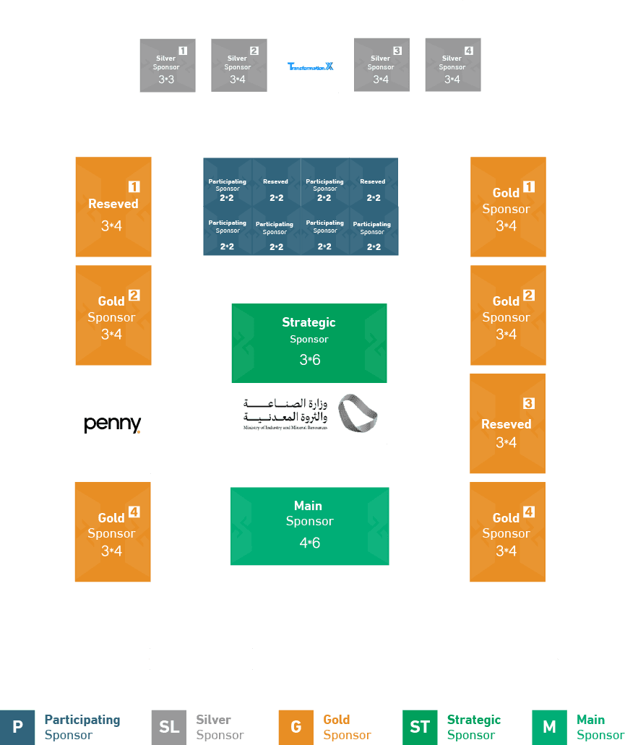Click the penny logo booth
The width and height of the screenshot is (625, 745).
point(113,423)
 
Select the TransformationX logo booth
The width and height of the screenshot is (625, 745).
point(311,66)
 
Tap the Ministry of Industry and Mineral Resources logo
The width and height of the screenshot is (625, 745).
point(309,413)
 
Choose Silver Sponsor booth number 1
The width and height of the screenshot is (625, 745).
point(168,65)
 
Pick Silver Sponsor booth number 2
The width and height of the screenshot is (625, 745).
point(238,65)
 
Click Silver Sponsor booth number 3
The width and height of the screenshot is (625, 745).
point(382,65)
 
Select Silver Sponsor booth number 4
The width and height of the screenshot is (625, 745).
point(452,65)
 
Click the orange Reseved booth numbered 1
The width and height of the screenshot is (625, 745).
point(113,207)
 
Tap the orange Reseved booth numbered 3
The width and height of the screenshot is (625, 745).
point(507,423)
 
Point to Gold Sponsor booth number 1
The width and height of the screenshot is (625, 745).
point(507,207)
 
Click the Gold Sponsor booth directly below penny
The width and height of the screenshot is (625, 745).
point(113,532)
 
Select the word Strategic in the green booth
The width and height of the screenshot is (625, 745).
point(309,322)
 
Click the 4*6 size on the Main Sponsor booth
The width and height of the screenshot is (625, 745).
point(309,543)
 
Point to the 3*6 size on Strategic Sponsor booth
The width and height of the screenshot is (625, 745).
point(309,359)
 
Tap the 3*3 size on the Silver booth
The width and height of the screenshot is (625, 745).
point(166,79)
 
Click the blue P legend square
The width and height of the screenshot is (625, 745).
point(17,727)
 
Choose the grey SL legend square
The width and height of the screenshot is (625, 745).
point(169,727)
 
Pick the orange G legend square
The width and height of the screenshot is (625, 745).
point(296,727)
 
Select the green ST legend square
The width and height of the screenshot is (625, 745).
point(420,727)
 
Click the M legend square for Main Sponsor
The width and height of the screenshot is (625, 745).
point(549,727)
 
